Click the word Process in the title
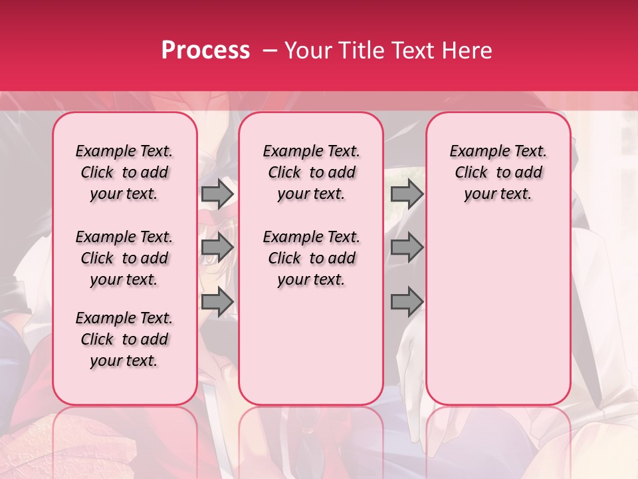[205, 50]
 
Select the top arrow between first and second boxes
[217, 194]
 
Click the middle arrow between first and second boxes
[217, 248]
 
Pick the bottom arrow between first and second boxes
[217, 302]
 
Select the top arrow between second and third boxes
[407, 194]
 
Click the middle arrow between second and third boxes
[407, 248]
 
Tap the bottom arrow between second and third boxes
[407, 302]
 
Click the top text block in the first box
[124, 172]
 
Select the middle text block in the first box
[124, 258]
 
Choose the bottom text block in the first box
[124, 339]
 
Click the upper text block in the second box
[311, 172]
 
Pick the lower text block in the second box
[311, 258]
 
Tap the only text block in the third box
[498, 172]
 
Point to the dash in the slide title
[270, 50]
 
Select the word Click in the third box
[471, 172]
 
